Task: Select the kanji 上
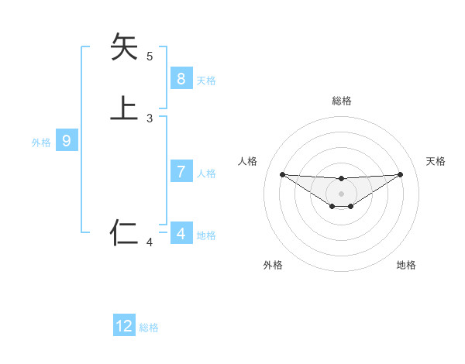(124, 108)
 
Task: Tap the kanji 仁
(124, 232)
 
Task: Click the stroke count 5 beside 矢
(150, 57)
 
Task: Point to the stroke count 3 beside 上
(150, 118)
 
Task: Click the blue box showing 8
(181, 79)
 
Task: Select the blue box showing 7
(181, 172)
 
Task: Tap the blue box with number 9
(67, 141)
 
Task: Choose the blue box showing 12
(124, 326)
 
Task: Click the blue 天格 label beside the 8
(206, 81)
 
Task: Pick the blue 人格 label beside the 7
(206, 173)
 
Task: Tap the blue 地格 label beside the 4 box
(206, 235)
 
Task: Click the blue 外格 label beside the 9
(41, 143)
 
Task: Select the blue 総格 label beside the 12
(149, 328)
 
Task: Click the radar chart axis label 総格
(341, 101)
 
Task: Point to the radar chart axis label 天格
(436, 161)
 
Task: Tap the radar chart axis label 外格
(273, 265)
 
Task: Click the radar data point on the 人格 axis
(282, 174)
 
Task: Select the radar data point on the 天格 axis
(400, 174)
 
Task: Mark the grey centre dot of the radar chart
(341, 194)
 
